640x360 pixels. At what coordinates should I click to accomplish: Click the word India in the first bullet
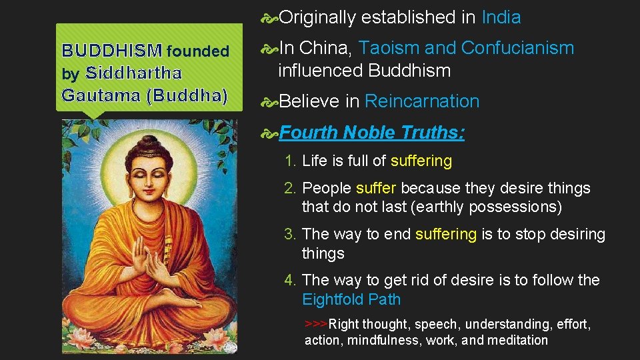click(501, 17)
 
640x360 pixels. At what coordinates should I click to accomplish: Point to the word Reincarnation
click(422, 101)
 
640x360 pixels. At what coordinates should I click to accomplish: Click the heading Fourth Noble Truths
click(372, 133)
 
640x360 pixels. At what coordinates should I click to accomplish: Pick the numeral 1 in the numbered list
click(289, 161)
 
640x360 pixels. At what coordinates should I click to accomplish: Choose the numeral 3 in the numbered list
click(289, 235)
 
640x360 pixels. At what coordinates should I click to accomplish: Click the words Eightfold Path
click(351, 299)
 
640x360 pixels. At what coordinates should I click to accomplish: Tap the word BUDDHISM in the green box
click(111, 51)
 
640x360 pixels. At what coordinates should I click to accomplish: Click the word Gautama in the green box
click(99, 95)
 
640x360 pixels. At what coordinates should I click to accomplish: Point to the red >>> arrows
click(316, 324)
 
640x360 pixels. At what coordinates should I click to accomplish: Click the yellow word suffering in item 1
click(421, 161)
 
